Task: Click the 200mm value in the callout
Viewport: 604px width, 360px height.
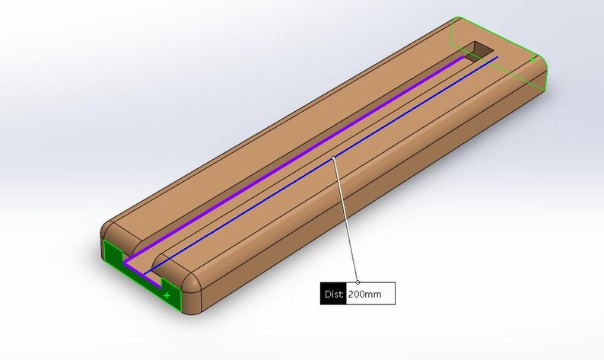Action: tap(365, 295)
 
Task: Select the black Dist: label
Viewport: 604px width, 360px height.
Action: tap(334, 294)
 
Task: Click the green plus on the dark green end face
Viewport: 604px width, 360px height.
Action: tap(167, 295)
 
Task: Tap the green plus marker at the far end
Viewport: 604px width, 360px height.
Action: tap(532, 59)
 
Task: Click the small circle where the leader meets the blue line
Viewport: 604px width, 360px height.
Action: tap(333, 158)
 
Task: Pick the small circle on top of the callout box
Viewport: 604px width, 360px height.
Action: tap(358, 282)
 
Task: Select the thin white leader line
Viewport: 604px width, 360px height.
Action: tap(345, 220)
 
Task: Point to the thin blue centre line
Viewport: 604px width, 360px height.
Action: tap(321, 165)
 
